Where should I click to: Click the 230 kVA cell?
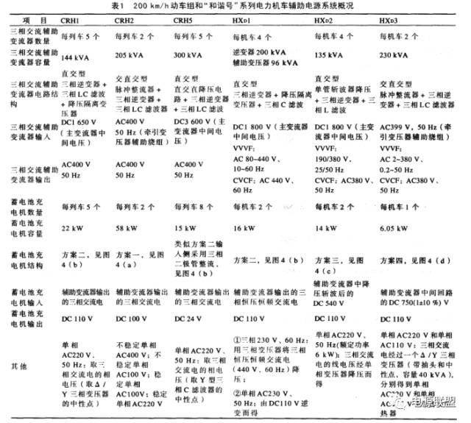pyautogui.click(x=396, y=56)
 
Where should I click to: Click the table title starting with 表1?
pyautogui.click(x=235, y=7)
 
